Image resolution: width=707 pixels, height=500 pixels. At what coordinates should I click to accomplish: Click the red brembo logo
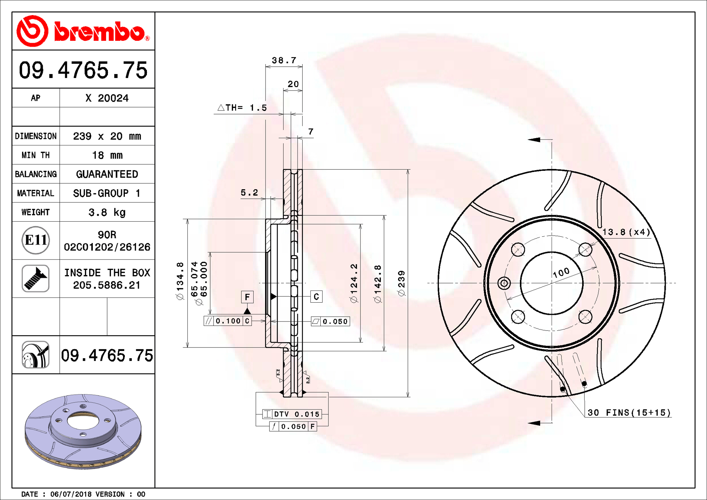[x=83, y=31]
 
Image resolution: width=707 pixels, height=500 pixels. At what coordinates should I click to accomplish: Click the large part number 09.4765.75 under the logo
[x=83, y=70]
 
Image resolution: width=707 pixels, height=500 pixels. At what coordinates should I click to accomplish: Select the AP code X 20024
[x=107, y=98]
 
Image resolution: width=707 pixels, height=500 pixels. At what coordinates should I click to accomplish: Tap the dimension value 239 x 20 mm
[x=107, y=136]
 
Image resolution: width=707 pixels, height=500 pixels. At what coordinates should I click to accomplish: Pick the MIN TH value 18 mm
[x=107, y=155]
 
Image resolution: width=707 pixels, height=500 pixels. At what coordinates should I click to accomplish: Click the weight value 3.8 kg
[x=107, y=212]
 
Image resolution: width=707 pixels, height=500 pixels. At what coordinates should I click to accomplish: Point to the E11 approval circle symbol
[x=35, y=240]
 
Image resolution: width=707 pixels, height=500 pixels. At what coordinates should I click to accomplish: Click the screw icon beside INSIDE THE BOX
[x=35, y=278]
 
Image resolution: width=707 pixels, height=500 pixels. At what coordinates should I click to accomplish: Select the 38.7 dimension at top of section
[x=284, y=60]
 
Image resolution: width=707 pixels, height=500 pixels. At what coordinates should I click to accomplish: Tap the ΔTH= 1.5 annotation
[x=242, y=108]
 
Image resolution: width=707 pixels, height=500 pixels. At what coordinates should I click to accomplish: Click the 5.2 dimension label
[x=249, y=193]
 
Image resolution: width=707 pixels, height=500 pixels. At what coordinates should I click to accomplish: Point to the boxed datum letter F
[x=247, y=297]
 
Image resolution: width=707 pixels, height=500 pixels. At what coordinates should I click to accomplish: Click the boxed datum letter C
[x=316, y=297]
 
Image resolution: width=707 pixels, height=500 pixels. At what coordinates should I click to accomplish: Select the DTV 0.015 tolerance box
[x=292, y=414]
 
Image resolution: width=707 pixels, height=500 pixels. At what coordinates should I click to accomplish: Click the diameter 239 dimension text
[x=401, y=283]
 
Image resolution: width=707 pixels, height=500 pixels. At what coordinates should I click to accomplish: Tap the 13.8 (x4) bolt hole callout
[x=626, y=232]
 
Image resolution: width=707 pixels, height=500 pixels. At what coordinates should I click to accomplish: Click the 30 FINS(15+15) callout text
[x=629, y=413]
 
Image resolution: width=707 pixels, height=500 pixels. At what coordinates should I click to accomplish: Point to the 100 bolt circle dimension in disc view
[x=561, y=272]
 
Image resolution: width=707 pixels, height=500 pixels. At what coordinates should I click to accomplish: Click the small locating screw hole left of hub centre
[x=504, y=283]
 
